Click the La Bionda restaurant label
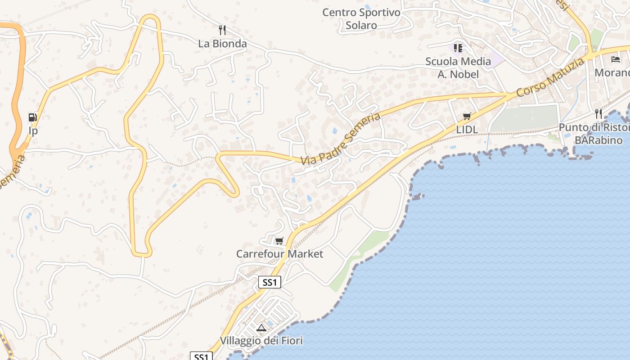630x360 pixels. pyautogui.click(x=222, y=44)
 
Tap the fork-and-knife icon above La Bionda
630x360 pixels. pyautogui.click(x=222, y=30)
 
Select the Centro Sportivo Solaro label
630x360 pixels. pyautogui.click(x=361, y=19)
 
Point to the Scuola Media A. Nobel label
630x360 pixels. pyautogui.click(x=458, y=67)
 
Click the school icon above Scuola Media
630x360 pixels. pyautogui.click(x=458, y=48)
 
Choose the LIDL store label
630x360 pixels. pyautogui.click(x=467, y=130)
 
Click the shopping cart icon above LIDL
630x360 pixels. pyautogui.click(x=467, y=117)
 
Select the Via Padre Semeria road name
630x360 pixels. pyautogui.click(x=341, y=139)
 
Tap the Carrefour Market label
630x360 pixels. pyautogui.click(x=279, y=254)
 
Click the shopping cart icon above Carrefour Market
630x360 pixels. pyautogui.click(x=279, y=241)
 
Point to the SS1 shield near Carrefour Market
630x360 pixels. pyautogui.click(x=270, y=282)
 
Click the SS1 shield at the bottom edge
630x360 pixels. pyautogui.click(x=201, y=356)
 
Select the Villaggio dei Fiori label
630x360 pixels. pyautogui.click(x=261, y=341)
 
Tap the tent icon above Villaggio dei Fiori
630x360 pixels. pyautogui.click(x=261, y=328)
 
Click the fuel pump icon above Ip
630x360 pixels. pyautogui.click(x=32, y=117)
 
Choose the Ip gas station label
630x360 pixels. pyautogui.click(x=33, y=131)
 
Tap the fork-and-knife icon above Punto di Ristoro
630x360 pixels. pyautogui.click(x=598, y=113)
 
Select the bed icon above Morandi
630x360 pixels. pyautogui.click(x=615, y=59)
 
